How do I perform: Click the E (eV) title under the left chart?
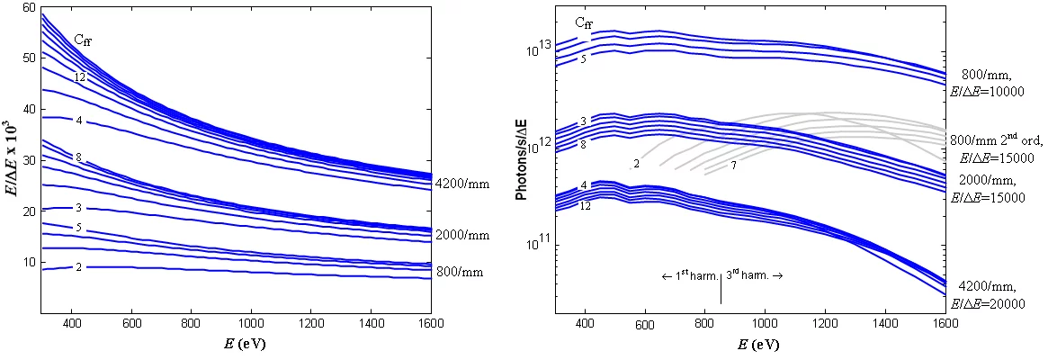237,344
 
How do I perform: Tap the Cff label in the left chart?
83,40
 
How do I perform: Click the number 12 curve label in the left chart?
80,78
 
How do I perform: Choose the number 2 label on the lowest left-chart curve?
79,267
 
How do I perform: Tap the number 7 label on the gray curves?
733,166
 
